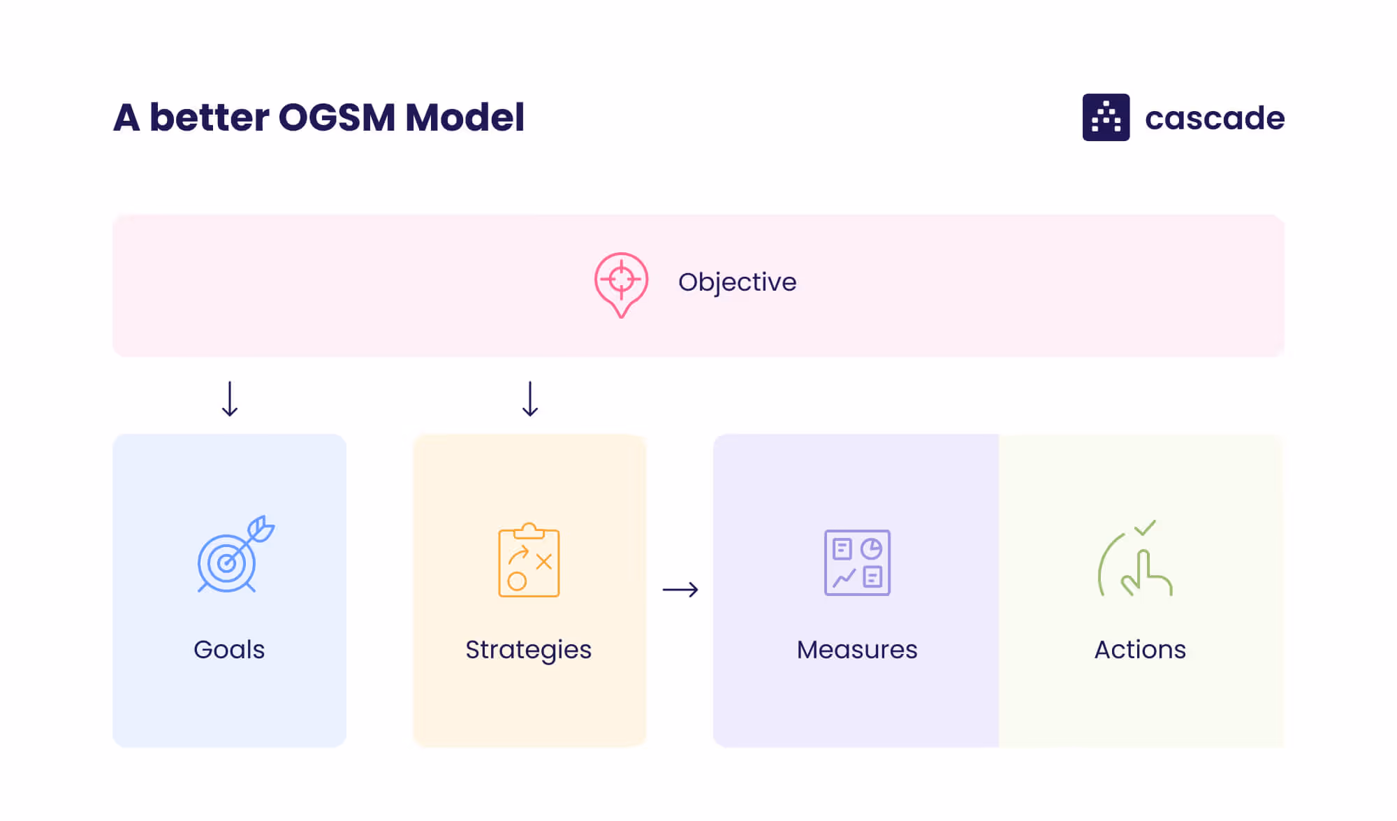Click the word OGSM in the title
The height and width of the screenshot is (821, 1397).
337,117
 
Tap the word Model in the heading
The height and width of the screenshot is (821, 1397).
465,117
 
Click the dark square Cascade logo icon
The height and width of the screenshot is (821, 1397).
1106,117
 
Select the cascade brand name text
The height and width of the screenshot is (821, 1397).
1215,118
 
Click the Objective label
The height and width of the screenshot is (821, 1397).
737,282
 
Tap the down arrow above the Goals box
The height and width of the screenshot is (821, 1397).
230,399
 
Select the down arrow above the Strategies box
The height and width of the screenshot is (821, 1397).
530,399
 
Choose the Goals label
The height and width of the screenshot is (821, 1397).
229,650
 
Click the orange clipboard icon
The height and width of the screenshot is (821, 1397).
529,560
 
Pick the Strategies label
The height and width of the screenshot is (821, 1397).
528,650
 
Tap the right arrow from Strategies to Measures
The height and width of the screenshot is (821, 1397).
680,590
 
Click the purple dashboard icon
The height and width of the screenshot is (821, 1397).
857,562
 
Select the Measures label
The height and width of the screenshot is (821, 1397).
857,650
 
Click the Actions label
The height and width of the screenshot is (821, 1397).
1140,650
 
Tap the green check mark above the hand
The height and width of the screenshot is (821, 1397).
1145,528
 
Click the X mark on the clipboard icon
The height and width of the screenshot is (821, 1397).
543,561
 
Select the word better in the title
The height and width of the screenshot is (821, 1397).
209,117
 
